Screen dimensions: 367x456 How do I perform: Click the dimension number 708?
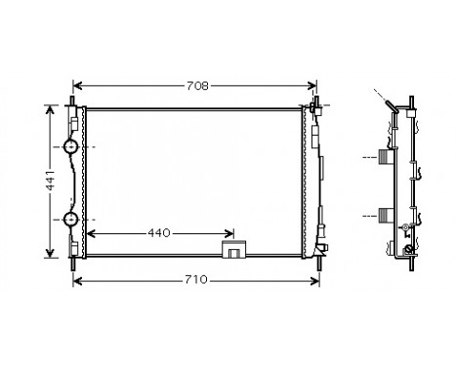(197, 86)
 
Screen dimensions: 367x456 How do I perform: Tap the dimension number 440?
(160, 233)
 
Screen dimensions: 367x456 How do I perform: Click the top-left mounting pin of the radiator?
(74, 101)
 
